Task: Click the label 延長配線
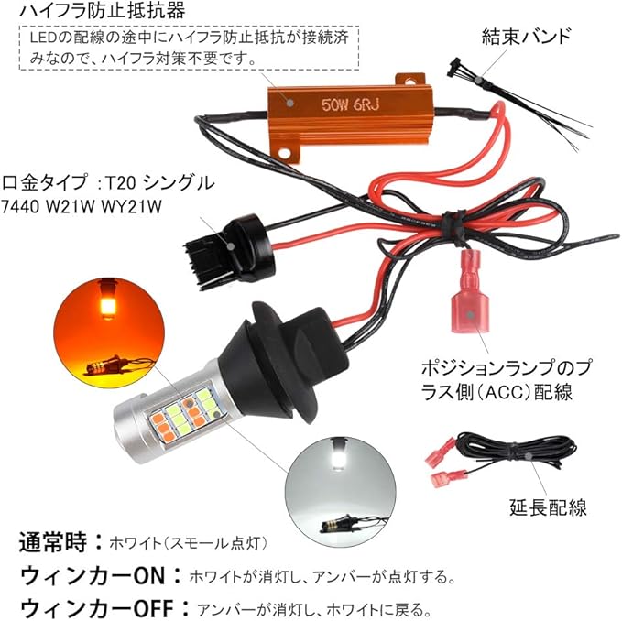click(548, 507)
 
